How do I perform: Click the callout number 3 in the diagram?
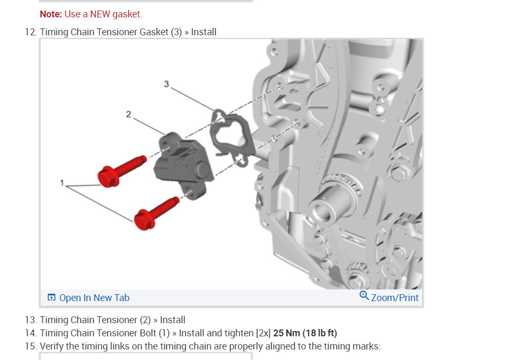click(166, 84)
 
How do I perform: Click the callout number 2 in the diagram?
click(128, 115)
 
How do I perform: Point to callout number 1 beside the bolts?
click(62, 183)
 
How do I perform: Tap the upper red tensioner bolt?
click(121, 172)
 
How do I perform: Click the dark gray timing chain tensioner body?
click(182, 166)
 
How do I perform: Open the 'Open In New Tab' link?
click(94, 298)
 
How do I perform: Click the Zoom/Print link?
click(395, 298)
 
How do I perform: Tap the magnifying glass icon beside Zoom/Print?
click(364, 296)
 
